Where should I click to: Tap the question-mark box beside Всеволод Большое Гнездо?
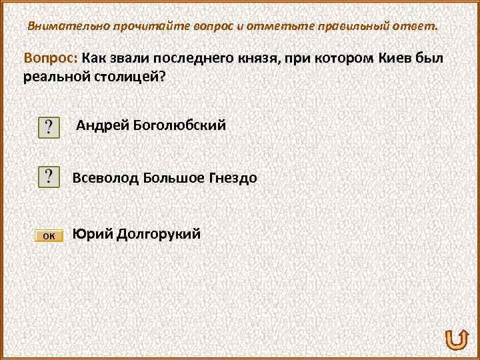tap(49, 177)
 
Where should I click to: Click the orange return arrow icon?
tap(454, 340)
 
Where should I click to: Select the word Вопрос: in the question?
tap(51, 58)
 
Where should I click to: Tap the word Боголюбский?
tap(180, 125)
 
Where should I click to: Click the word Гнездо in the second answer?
tap(233, 178)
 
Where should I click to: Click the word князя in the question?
tap(263, 58)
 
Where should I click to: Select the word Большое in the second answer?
tap(169, 178)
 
